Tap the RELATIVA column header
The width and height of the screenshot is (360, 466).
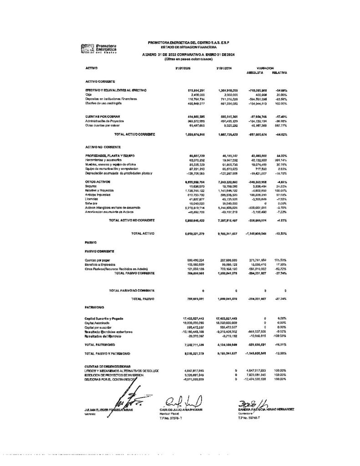(279, 73)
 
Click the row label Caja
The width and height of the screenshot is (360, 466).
(88, 95)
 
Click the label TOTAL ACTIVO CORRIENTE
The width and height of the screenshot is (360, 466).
(135, 135)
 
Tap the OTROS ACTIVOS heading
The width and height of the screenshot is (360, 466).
(98, 182)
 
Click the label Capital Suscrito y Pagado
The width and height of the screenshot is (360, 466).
(104, 318)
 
